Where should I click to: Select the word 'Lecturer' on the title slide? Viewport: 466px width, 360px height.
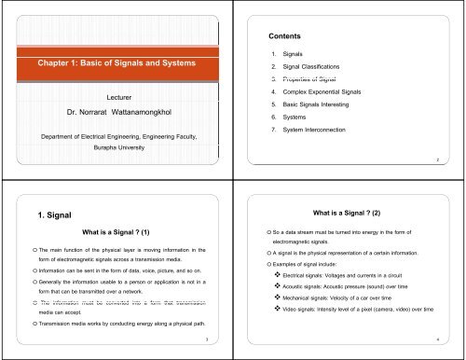[x=116, y=95]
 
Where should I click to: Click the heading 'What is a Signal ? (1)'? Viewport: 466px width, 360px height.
[x=116, y=232]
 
